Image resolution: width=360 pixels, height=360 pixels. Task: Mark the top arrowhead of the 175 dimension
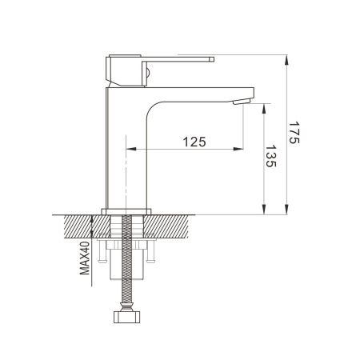[x=286, y=58]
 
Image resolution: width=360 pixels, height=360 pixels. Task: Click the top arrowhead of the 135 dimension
[x=262, y=104]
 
